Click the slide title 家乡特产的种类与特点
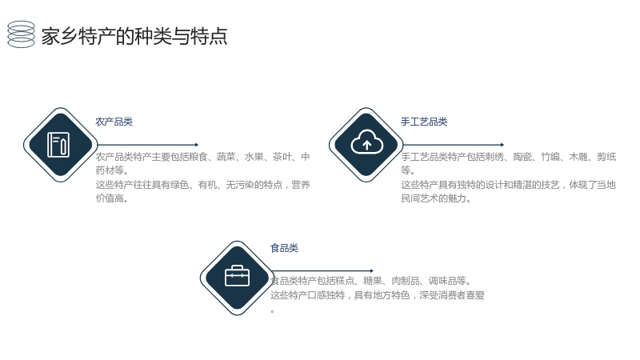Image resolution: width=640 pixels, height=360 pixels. coord(134,36)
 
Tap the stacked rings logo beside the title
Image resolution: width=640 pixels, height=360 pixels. coord(22,34)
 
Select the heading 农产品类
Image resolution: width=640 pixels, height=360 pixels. coord(114,122)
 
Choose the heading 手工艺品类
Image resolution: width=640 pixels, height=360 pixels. coord(424,122)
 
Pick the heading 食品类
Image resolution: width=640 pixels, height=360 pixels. coord(284,248)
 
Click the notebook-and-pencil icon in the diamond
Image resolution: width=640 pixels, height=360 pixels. coord(58,145)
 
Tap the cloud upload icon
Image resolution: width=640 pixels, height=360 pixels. coord(366,142)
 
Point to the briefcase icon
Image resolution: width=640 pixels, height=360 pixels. coord(237,275)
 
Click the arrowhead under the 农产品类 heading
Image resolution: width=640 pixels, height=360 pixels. coord(197,145)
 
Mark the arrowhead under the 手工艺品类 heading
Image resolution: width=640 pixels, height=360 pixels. coord(502,145)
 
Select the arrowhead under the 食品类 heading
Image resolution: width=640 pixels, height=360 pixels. coord(371,270)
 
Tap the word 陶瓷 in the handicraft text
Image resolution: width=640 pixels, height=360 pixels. coord(522,157)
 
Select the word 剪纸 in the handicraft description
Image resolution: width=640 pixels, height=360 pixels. coord(606,157)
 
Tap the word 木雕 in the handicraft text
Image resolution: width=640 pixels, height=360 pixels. coord(578,157)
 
